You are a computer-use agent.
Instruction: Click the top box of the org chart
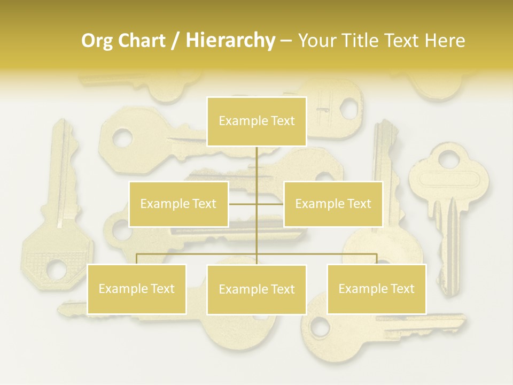click(x=256, y=121)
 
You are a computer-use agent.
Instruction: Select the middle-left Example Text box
click(x=178, y=204)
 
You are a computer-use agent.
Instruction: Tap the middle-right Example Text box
click(x=333, y=204)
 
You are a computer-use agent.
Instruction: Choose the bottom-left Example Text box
click(x=136, y=289)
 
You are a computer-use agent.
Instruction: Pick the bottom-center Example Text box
click(x=256, y=289)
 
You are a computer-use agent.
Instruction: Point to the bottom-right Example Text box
click(x=376, y=289)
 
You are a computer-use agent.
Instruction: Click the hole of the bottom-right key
click(x=320, y=326)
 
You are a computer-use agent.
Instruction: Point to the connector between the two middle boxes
click(x=256, y=204)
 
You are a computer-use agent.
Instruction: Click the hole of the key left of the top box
click(x=122, y=138)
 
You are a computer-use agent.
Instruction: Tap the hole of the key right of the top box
click(x=348, y=107)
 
